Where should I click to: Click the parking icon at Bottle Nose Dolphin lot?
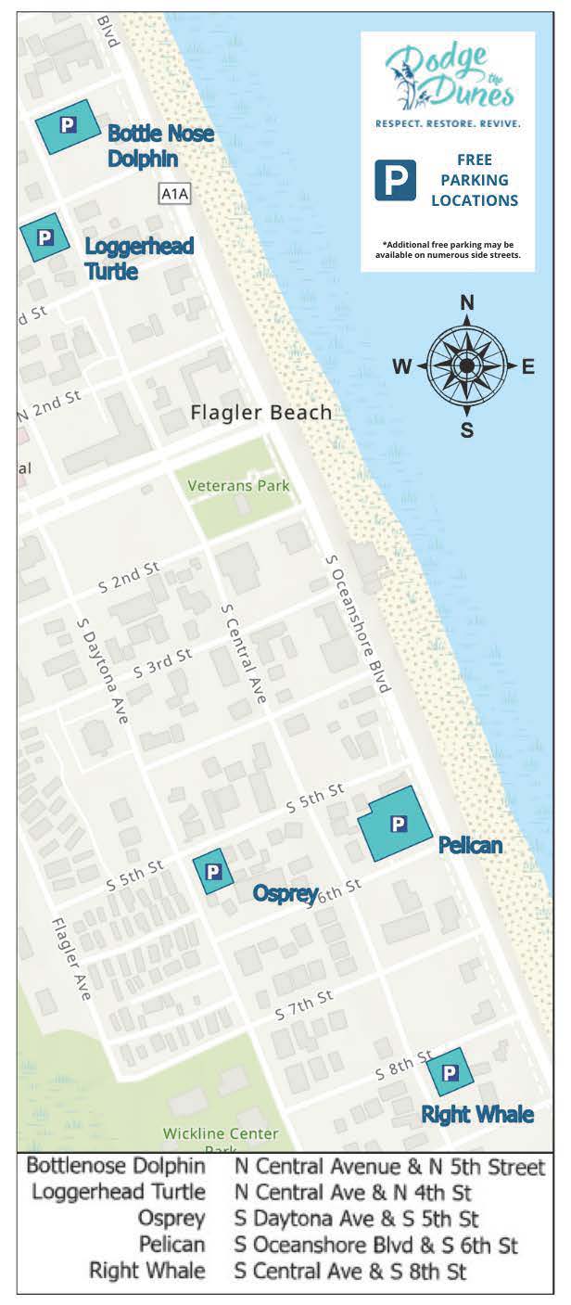[x=67, y=125]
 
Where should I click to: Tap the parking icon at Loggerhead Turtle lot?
[x=43, y=237]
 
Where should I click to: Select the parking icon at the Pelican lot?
[x=398, y=823]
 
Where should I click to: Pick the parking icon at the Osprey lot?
[x=212, y=871]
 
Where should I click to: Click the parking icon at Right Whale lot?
[x=450, y=1072]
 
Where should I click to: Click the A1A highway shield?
[x=174, y=194]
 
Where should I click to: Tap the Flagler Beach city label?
[x=260, y=413]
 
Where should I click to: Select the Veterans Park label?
[x=238, y=485]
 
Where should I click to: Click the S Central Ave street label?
[x=244, y=653]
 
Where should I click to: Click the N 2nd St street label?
[x=49, y=405]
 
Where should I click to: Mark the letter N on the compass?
[x=467, y=302]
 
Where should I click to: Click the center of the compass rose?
[x=467, y=366]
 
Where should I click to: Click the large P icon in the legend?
[x=395, y=180]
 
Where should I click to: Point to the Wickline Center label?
[x=221, y=1133]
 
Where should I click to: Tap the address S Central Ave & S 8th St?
[x=350, y=1271]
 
